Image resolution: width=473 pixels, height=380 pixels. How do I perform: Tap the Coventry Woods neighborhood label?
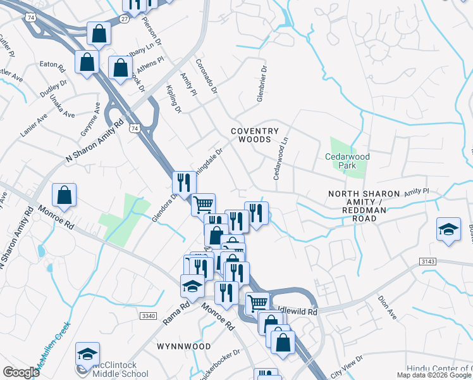(254, 135)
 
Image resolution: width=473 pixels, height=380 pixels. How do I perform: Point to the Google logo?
(21, 372)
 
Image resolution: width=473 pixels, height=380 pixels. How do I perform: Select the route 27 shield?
(125, 20)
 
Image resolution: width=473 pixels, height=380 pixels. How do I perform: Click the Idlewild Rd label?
(297, 312)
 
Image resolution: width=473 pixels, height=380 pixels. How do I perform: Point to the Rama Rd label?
(176, 313)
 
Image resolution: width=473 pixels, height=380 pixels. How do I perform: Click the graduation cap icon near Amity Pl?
(448, 230)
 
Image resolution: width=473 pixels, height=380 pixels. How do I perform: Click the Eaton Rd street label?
(52, 64)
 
